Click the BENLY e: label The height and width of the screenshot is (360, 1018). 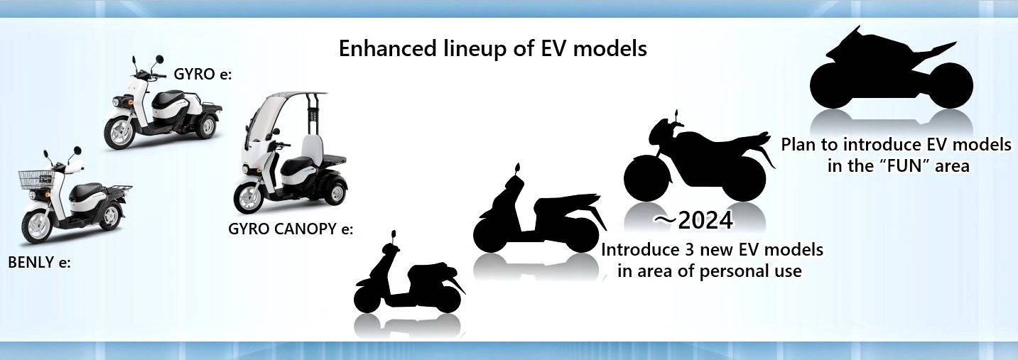tap(40, 263)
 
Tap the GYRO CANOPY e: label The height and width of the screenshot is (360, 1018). tap(291, 229)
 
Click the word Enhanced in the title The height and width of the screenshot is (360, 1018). tap(388, 48)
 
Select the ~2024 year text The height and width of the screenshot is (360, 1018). tap(693, 221)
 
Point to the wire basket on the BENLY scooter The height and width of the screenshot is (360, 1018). tap(36, 180)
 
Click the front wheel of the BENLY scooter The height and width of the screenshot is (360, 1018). tap(38, 226)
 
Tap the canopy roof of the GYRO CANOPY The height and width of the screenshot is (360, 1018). tap(295, 94)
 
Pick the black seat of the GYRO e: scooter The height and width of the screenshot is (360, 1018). tap(168, 99)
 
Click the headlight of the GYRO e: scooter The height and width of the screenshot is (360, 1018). tap(116, 102)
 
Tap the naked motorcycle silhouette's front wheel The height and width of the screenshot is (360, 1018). tap(647, 178)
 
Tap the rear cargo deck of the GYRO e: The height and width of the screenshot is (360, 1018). tap(207, 108)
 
